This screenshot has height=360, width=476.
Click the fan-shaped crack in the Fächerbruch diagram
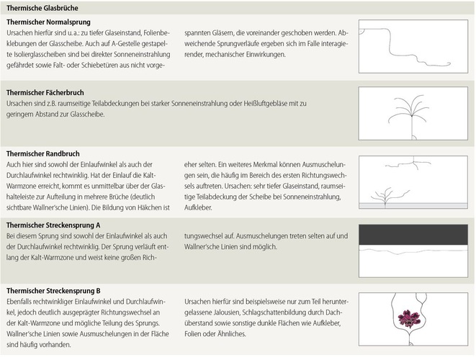tap(412, 112)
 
